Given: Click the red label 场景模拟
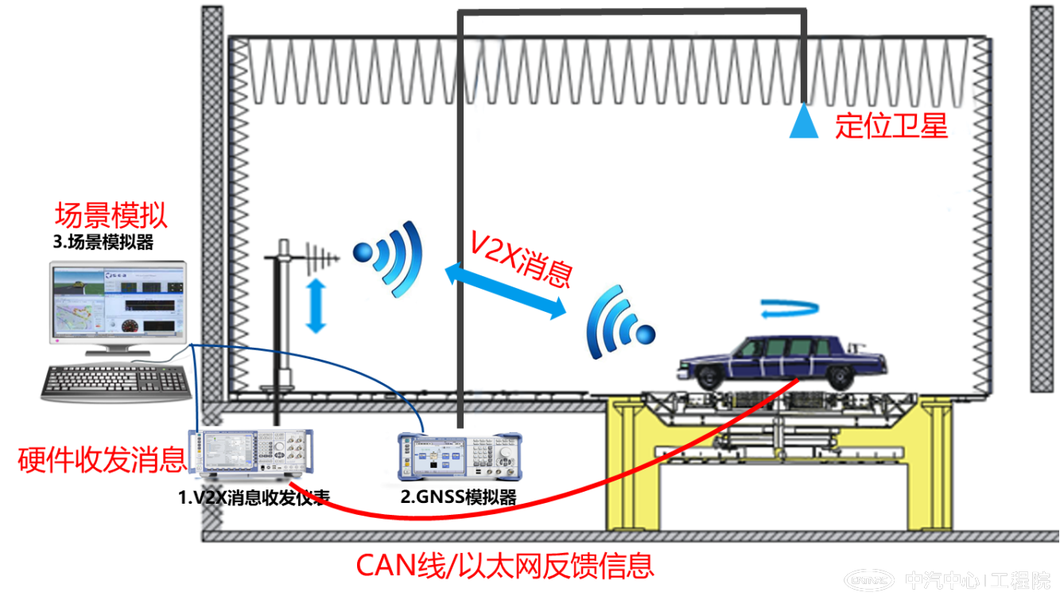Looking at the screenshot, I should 111,216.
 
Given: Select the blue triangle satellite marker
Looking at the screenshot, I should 803,123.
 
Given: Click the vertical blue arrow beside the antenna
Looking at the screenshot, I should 316,306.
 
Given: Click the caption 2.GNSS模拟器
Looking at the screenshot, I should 459,498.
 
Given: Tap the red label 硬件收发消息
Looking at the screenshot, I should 101,460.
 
